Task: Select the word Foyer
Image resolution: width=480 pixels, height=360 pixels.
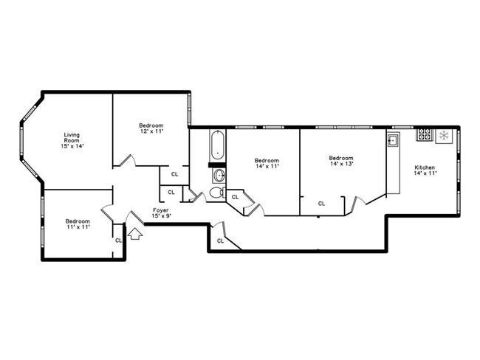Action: click(162, 210)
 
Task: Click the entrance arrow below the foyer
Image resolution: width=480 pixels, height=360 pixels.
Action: click(135, 234)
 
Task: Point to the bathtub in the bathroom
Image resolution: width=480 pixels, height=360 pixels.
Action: click(217, 145)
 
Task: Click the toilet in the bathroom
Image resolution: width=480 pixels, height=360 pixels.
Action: click(215, 193)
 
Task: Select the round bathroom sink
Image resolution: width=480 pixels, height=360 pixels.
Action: click(218, 176)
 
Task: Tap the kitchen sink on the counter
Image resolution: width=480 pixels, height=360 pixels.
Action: click(393, 140)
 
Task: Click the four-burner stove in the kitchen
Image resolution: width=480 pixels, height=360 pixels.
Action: click(425, 135)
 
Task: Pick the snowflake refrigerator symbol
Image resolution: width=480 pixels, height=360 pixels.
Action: click(445, 135)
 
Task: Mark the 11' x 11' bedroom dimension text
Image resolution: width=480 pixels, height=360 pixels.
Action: click(77, 227)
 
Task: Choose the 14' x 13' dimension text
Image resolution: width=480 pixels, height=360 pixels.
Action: click(340, 164)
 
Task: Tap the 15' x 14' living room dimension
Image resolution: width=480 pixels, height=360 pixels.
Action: click(72, 146)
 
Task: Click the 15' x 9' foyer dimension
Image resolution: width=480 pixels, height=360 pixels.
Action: click(162, 216)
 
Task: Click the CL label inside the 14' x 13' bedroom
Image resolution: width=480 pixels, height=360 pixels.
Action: click(321, 203)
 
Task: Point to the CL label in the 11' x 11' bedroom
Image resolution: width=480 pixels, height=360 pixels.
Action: click(117, 240)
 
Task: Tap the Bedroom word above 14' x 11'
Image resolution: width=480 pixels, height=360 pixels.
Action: click(267, 160)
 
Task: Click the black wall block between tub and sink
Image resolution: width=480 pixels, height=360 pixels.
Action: click(217, 165)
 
